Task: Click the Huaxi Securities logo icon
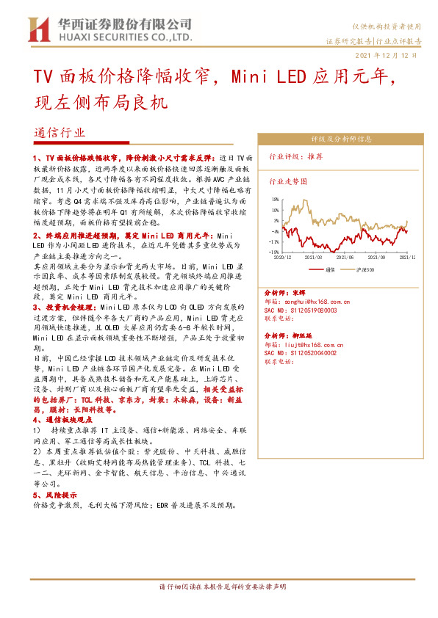point(37,29)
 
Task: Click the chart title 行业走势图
point(287,181)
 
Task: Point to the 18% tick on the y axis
point(274,199)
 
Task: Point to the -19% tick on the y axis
point(273,252)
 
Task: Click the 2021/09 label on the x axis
point(377,258)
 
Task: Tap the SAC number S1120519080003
point(300,310)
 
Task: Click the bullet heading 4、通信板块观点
point(65,419)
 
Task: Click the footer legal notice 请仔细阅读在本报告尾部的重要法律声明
point(220,587)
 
